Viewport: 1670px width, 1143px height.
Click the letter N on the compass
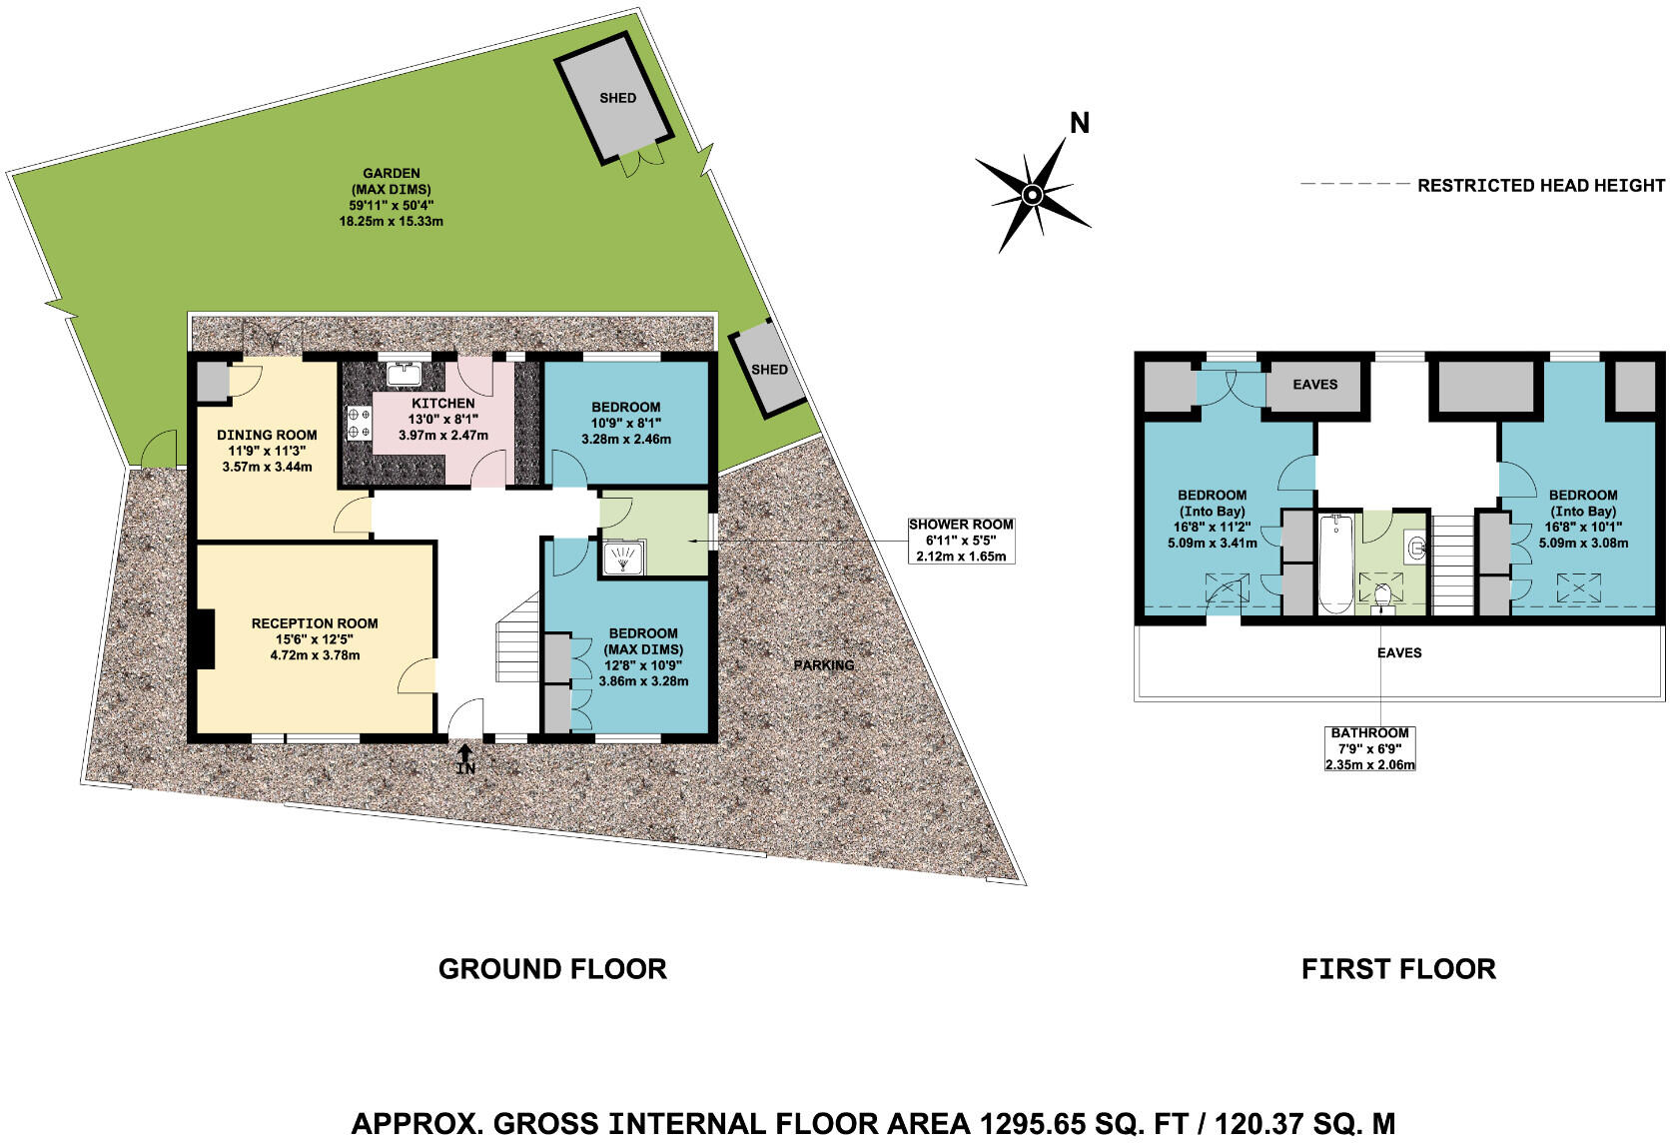pos(1079,123)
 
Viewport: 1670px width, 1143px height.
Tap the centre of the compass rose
pos(1033,193)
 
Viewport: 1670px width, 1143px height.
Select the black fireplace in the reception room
pos(204,639)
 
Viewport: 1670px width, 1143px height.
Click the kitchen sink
pos(405,374)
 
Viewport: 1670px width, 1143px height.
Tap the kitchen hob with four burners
pos(358,423)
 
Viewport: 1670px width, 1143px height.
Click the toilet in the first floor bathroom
pos(1383,597)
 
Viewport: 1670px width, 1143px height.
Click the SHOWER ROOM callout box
pos(960,540)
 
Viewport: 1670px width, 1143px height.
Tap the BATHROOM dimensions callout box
pos(1369,748)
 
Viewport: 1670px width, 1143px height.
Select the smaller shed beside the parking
pos(767,369)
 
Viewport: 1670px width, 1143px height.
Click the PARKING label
pos(824,664)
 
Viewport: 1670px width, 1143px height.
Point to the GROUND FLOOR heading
pos(552,968)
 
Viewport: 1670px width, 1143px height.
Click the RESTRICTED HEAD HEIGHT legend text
pos(1540,185)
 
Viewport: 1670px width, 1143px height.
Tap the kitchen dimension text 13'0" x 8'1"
pos(442,420)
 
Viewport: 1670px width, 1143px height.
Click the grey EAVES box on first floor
pos(1314,385)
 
